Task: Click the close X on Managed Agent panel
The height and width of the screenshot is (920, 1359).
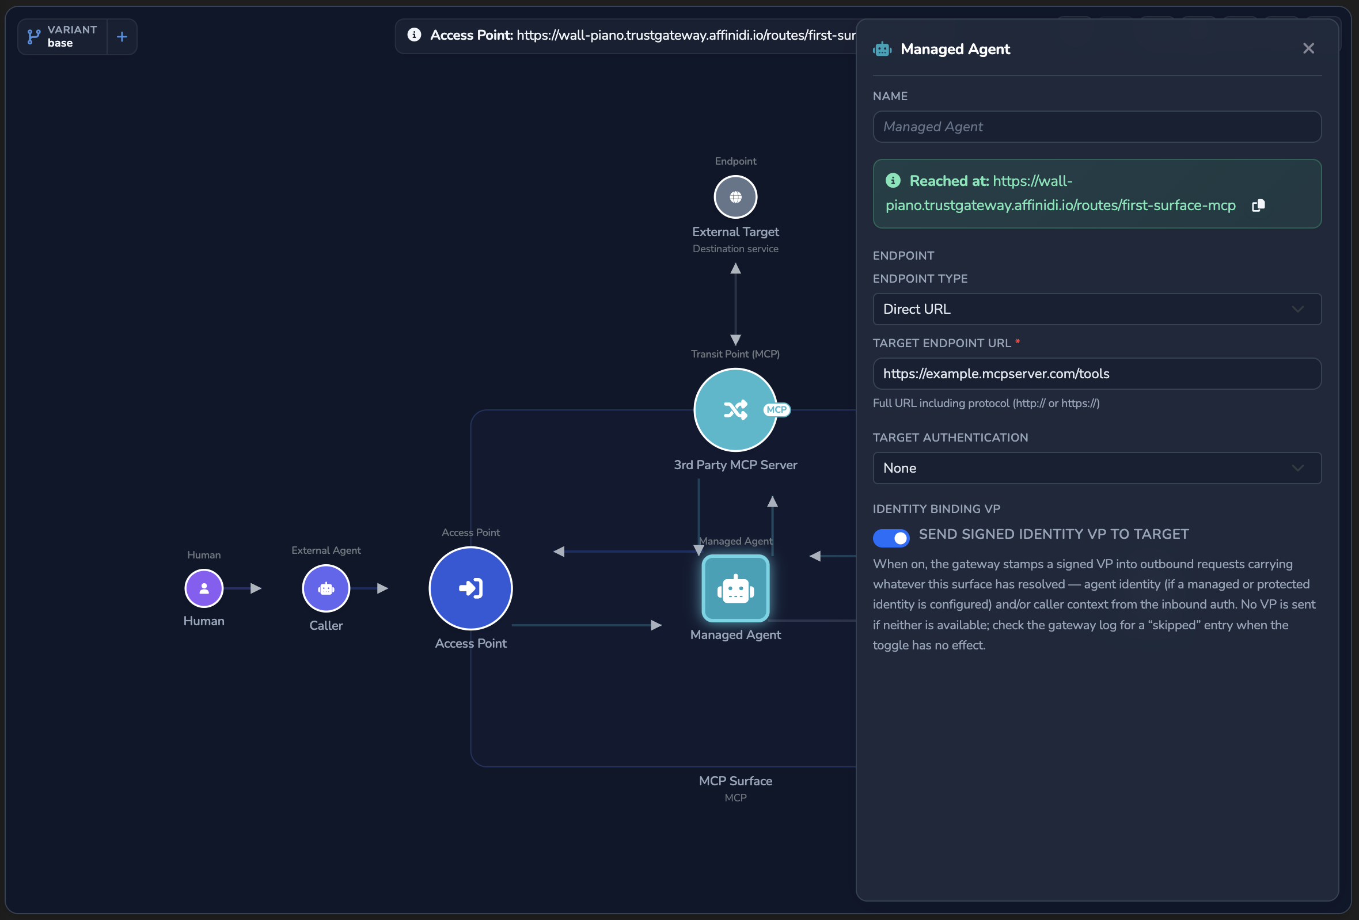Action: (1308, 48)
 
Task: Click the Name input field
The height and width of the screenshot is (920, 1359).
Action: (1096, 127)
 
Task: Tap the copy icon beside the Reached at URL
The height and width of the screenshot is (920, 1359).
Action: (1258, 206)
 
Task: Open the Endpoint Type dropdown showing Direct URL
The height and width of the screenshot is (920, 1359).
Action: (1096, 309)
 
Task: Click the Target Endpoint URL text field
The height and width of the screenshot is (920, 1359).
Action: (1096, 374)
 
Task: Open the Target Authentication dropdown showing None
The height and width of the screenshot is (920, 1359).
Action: (1096, 468)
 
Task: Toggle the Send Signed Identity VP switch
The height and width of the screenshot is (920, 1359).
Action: (891, 538)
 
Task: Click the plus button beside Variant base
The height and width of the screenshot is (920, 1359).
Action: (122, 37)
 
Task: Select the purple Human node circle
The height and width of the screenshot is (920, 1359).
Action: (204, 588)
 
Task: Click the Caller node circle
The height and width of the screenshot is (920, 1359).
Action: (326, 588)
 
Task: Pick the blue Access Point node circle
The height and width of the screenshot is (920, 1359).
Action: (470, 588)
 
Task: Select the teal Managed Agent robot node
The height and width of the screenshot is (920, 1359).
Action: (735, 588)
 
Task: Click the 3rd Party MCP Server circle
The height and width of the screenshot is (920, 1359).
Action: (735, 410)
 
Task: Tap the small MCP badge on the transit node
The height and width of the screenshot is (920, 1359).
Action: (777, 410)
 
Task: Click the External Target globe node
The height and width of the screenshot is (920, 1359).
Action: (735, 197)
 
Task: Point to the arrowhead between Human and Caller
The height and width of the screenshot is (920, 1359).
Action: (256, 588)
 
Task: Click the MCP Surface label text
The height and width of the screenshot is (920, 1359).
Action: (735, 781)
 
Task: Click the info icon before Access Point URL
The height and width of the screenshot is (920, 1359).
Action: (414, 35)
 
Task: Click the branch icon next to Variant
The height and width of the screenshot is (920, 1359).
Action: (34, 37)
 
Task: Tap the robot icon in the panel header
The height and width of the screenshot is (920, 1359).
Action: (882, 49)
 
